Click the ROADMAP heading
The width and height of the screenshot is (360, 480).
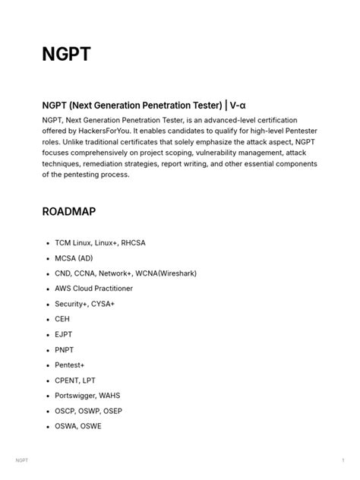[x=69, y=211]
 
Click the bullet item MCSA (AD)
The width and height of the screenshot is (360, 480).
[x=74, y=258]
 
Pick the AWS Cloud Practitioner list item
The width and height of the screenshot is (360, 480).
[x=93, y=289]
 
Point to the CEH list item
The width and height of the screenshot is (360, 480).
[x=62, y=319]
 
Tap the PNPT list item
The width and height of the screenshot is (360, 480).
[x=65, y=349]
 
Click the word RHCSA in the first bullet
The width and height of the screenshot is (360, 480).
[x=131, y=243]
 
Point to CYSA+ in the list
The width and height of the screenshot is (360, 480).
[x=101, y=304]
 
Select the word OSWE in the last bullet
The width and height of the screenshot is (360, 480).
[x=90, y=426]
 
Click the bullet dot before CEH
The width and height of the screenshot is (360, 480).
[x=48, y=319]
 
